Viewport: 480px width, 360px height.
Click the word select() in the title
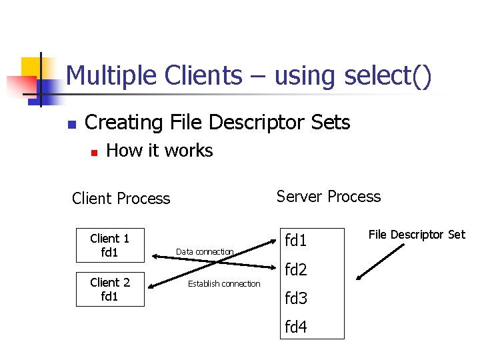[389, 76]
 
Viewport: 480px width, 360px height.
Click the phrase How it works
[159, 151]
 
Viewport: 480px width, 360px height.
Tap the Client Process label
[121, 199]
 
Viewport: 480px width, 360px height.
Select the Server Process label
[329, 197]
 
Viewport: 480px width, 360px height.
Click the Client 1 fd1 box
[110, 245]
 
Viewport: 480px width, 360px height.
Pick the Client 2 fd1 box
[110, 289]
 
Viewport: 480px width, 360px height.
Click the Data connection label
[205, 251]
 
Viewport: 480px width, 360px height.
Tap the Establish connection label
[224, 284]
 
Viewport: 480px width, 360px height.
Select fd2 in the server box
[296, 270]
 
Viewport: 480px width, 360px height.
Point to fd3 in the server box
[296, 299]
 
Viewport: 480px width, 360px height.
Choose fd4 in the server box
[296, 327]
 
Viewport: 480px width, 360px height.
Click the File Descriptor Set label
[417, 235]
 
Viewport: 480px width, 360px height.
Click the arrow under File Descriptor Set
[380, 262]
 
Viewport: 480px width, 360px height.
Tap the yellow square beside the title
[31, 67]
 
